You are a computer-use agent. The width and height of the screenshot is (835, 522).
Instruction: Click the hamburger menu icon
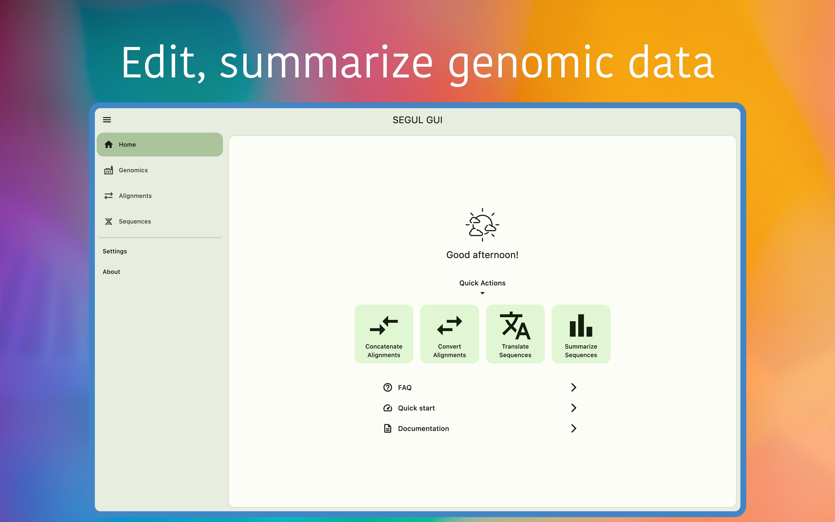(107, 120)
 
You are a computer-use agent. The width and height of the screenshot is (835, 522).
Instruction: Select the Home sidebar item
(160, 144)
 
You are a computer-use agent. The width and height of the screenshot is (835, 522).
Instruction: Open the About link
(111, 272)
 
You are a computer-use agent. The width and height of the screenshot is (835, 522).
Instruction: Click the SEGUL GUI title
(418, 120)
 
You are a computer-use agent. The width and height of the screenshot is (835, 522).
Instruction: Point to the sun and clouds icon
(482, 225)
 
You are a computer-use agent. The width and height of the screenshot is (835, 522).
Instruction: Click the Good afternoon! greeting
(482, 255)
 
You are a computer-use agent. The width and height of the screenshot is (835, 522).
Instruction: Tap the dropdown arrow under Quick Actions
(482, 293)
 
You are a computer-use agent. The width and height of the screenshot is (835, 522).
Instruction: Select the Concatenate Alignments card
(384, 334)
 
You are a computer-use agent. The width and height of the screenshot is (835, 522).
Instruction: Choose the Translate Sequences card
(515, 334)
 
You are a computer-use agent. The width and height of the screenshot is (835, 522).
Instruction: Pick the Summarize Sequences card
(581, 334)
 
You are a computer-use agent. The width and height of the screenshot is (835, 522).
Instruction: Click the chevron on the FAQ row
(573, 387)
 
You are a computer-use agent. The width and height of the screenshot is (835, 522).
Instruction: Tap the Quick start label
(416, 408)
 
